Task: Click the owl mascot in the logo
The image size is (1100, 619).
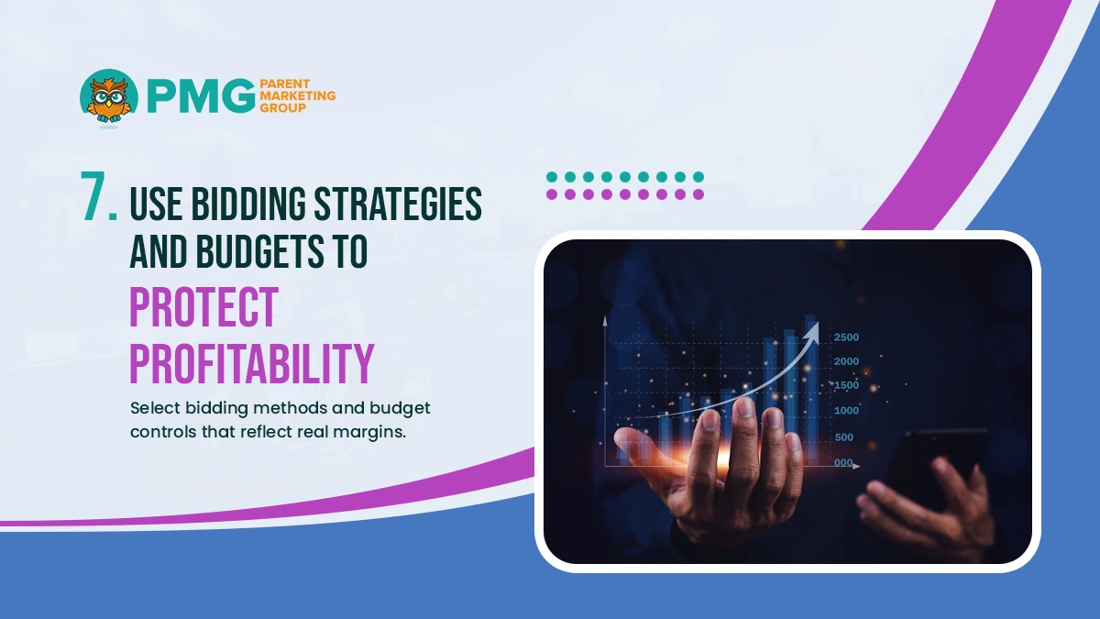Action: point(109,96)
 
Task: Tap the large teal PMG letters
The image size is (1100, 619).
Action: point(202,95)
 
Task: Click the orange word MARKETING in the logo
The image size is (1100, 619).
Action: point(298,95)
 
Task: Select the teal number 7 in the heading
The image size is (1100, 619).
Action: point(98,196)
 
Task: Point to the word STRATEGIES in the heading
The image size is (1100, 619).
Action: point(398,204)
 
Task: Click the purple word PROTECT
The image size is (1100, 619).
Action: point(203,307)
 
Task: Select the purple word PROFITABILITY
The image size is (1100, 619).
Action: point(252,363)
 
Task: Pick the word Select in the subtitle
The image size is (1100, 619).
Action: point(155,408)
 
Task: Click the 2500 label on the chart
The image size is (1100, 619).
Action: point(846,337)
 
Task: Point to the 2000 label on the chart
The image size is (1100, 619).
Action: point(846,361)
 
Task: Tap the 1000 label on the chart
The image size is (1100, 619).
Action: point(846,411)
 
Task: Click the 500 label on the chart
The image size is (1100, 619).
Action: point(843,437)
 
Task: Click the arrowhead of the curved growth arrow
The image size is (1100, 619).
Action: point(813,330)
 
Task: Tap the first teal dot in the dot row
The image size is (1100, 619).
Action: point(552,177)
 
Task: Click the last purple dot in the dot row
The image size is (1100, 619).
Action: point(698,194)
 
